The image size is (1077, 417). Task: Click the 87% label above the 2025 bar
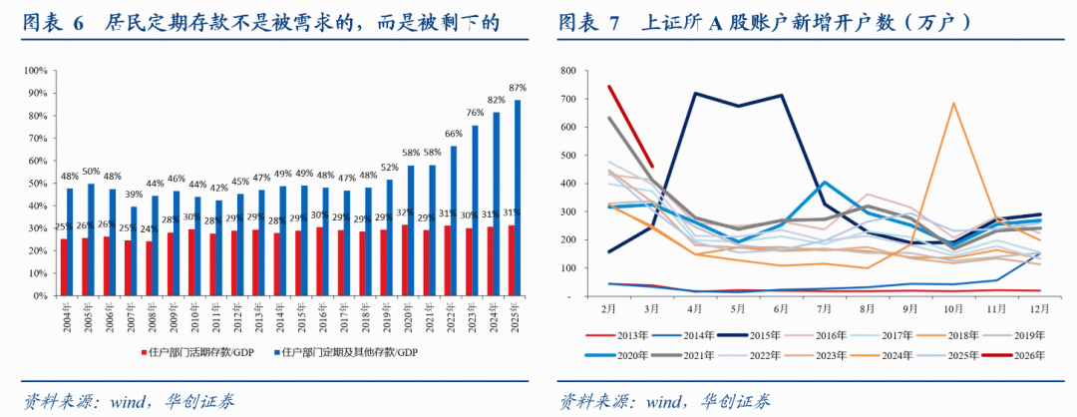pyautogui.click(x=518, y=88)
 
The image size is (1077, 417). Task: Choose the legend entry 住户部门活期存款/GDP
pyautogui.click(x=210, y=351)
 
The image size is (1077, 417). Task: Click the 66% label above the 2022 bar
pyautogui.click(x=453, y=135)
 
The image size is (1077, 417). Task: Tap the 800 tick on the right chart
pyautogui.click(x=568, y=71)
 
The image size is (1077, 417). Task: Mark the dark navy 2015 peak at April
pyautogui.click(x=693, y=94)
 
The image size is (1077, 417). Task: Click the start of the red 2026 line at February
pyautogui.click(x=608, y=87)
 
